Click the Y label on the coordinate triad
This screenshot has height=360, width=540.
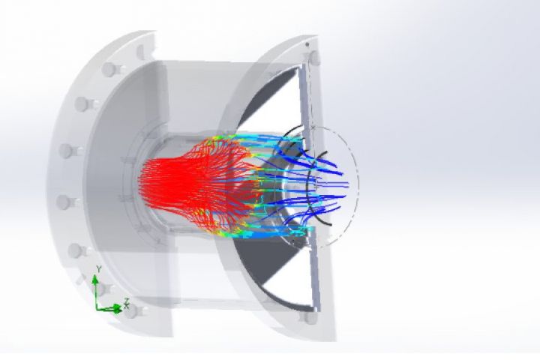[98, 268]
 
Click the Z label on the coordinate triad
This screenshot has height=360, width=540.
[127, 301]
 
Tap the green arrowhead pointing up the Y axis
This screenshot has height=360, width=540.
[95, 279]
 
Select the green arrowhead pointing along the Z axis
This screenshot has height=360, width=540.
[118, 309]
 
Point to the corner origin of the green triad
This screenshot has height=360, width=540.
[97, 308]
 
